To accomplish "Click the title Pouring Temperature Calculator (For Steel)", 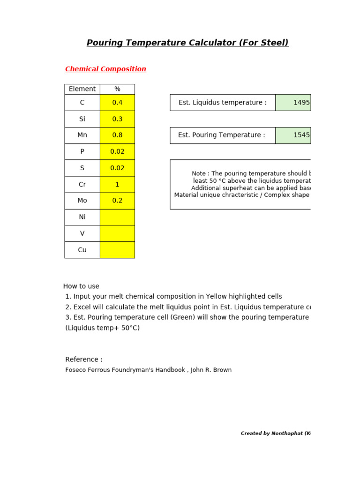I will point(187,43).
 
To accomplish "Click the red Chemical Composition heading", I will point(105,69).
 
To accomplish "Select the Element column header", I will point(82,89).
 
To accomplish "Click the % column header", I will point(117,89).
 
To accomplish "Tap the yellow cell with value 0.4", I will point(117,103).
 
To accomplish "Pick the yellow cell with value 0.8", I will point(117,135).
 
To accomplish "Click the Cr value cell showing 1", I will point(117,185).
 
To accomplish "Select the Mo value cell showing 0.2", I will point(117,201).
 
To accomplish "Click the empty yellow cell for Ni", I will point(117,217).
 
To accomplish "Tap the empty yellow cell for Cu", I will point(117,250).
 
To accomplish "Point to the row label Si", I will point(82,119).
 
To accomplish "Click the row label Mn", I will point(82,135).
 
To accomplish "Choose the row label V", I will point(82,233).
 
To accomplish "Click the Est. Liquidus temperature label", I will point(223,103).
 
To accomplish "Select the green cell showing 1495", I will point(293,103).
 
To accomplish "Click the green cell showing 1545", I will point(293,135).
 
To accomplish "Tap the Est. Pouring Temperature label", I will point(221,135).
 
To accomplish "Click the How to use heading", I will point(81,286).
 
